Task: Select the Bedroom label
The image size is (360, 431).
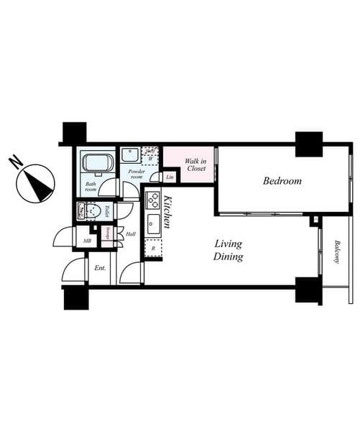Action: pyautogui.click(x=282, y=182)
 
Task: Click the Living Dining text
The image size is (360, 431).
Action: pyautogui.click(x=229, y=251)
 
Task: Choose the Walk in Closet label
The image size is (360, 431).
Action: pyautogui.click(x=195, y=164)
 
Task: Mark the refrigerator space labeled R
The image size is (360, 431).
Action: pyautogui.click(x=153, y=249)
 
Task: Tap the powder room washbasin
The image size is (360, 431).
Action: pyautogui.click(x=131, y=154)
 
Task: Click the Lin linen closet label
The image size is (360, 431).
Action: pyautogui.click(x=170, y=177)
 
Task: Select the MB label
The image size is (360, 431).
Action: pyautogui.click(x=87, y=241)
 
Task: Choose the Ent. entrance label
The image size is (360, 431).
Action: pyautogui.click(x=99, y=268)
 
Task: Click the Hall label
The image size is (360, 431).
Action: pyautogui.click(x=130, y=233)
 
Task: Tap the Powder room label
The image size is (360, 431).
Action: pyautogui.click(x=137, y=173)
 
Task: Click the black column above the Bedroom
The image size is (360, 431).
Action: pyautogui.click(x=308, y=144)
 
